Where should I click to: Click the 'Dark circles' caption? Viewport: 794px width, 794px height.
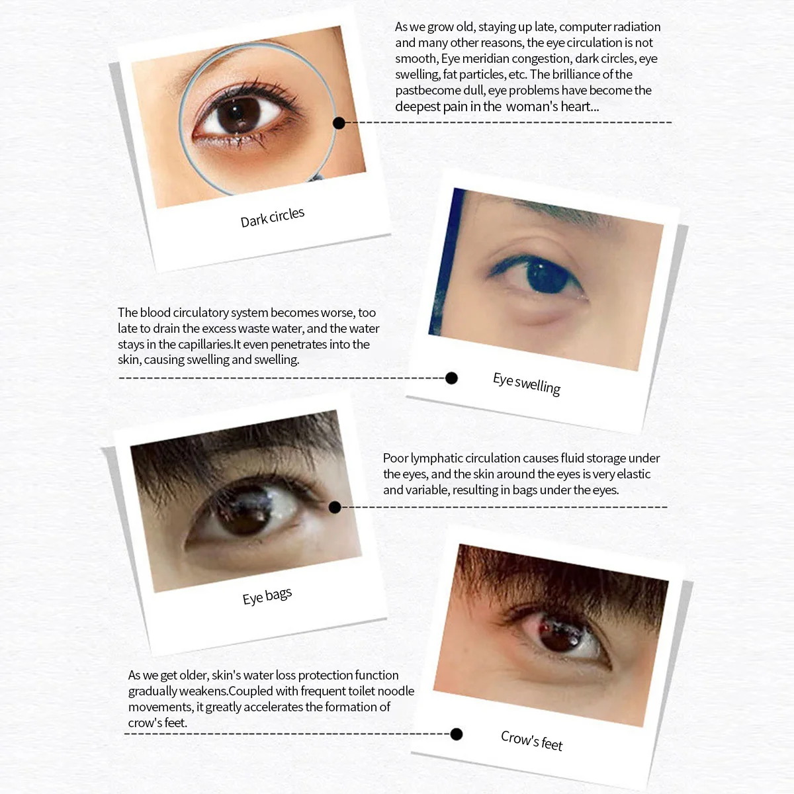(272, 217)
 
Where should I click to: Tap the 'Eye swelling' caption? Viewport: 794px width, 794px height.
(526, 383)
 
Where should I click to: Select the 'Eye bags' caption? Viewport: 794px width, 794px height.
(267, 596)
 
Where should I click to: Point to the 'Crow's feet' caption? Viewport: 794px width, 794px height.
(531, 740)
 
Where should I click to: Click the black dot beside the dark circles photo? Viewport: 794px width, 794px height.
(339, 122)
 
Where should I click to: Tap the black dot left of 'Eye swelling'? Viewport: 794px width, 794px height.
(451, 378)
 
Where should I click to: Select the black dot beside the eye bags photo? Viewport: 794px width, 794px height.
(335, 507)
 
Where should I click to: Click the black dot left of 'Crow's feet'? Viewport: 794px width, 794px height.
(456, 734)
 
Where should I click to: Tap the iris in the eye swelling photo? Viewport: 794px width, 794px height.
(546, 275)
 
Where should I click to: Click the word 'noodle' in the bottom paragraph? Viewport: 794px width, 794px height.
(395, 691)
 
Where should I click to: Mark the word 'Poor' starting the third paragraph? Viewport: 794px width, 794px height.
(395, 458)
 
